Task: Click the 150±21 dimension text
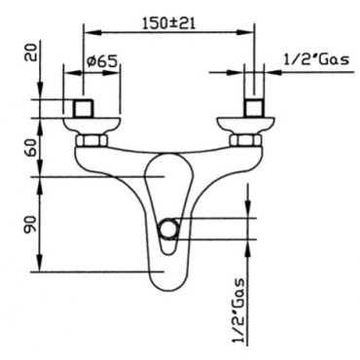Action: [168, 23]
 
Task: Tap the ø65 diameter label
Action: [102, 61]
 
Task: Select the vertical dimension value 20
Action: [32, 52]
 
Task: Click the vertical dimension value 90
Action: [32, 224]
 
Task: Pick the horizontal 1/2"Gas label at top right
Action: [316, 59]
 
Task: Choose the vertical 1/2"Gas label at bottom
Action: [239, 311]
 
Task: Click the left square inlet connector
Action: [83, 107]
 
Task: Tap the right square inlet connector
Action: [254, 107]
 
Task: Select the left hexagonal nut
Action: [91, 141]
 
